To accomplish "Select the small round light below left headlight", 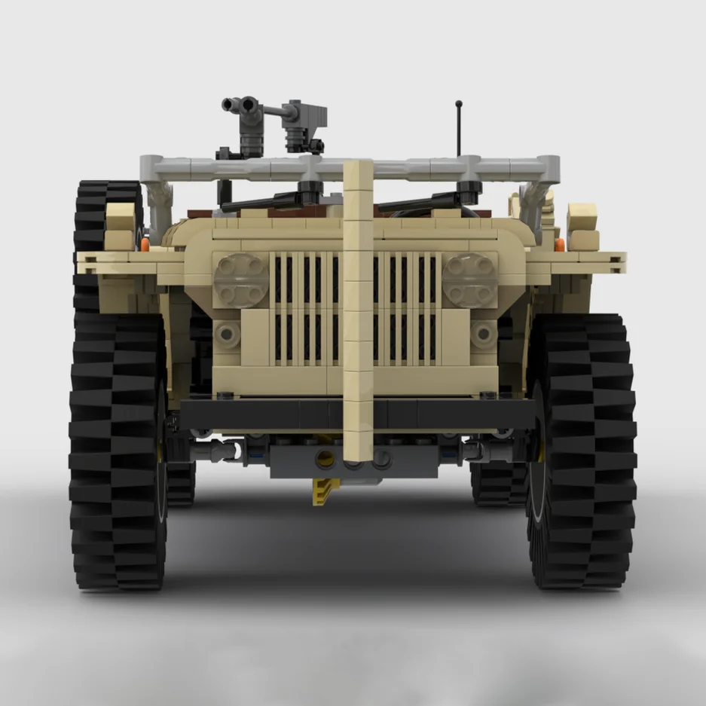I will [226, 332].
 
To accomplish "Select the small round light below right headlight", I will [482, 332].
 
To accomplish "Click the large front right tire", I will [584, 452].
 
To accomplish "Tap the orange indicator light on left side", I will [145, 244].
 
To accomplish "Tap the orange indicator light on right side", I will [560, 244].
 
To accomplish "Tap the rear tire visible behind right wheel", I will [497, 482].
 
